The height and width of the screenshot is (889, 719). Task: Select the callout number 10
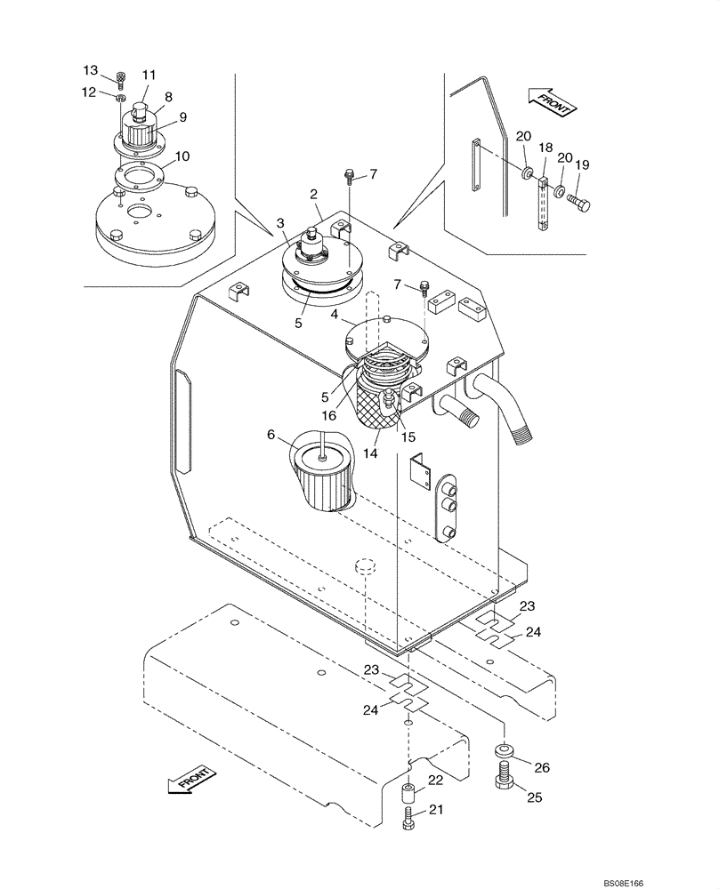point(182,156)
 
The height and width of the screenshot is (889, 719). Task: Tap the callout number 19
point(582,164)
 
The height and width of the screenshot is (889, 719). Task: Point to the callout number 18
point(545,147)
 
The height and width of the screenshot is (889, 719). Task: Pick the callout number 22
point(436,781)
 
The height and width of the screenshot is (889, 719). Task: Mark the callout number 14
point(369,453)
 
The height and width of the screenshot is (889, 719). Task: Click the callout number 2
point(313,195)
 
